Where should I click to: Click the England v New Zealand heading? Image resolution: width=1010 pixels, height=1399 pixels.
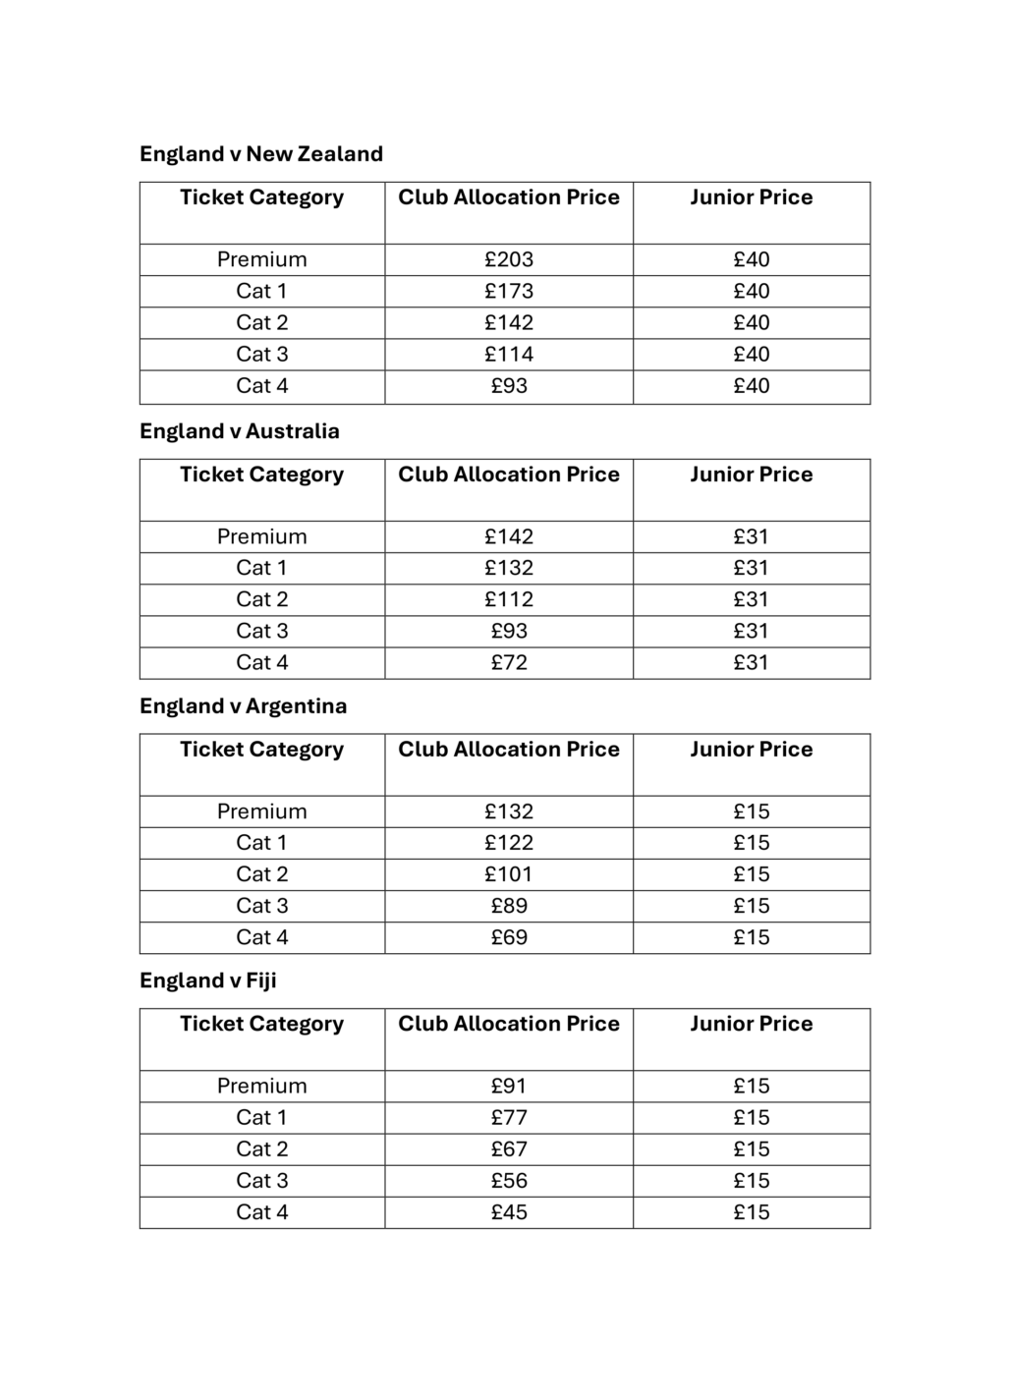[260, 154]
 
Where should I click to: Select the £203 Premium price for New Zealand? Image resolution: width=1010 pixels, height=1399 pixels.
[508, 259]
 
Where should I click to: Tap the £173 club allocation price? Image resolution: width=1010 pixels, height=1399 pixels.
[508, 291]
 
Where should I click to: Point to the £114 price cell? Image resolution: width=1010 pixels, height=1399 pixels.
[508, 354]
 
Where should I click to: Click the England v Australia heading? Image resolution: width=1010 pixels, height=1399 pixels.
[239, 431]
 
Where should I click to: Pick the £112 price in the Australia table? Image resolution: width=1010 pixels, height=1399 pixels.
[508, 599]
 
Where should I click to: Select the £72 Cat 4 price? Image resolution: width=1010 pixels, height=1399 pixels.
[508, 662]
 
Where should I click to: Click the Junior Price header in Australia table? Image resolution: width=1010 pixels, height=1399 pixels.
[751, 475]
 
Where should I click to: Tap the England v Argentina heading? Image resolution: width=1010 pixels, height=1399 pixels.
[243, 706]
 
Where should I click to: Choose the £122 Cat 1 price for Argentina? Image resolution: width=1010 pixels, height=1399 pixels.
[508, 843]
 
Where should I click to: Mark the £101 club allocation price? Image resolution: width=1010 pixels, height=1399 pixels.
[508, 874]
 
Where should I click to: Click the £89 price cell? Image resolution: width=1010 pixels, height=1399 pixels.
[508, 906]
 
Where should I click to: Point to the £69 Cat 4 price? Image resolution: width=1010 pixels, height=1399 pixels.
[508, 937]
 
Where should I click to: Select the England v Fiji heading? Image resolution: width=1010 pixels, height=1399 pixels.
[207, 980]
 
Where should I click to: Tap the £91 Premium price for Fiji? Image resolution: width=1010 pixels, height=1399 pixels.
[508, 1086]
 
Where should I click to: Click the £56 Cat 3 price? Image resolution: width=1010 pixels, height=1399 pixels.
[508, 1180]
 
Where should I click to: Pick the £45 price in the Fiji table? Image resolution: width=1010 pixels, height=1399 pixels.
[508, 1211]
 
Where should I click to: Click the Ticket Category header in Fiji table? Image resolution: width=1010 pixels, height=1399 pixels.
[261, 1024]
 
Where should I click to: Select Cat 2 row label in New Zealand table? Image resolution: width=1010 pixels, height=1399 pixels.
[261, 322]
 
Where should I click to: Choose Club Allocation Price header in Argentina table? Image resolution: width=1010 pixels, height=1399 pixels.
[508, 750]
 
